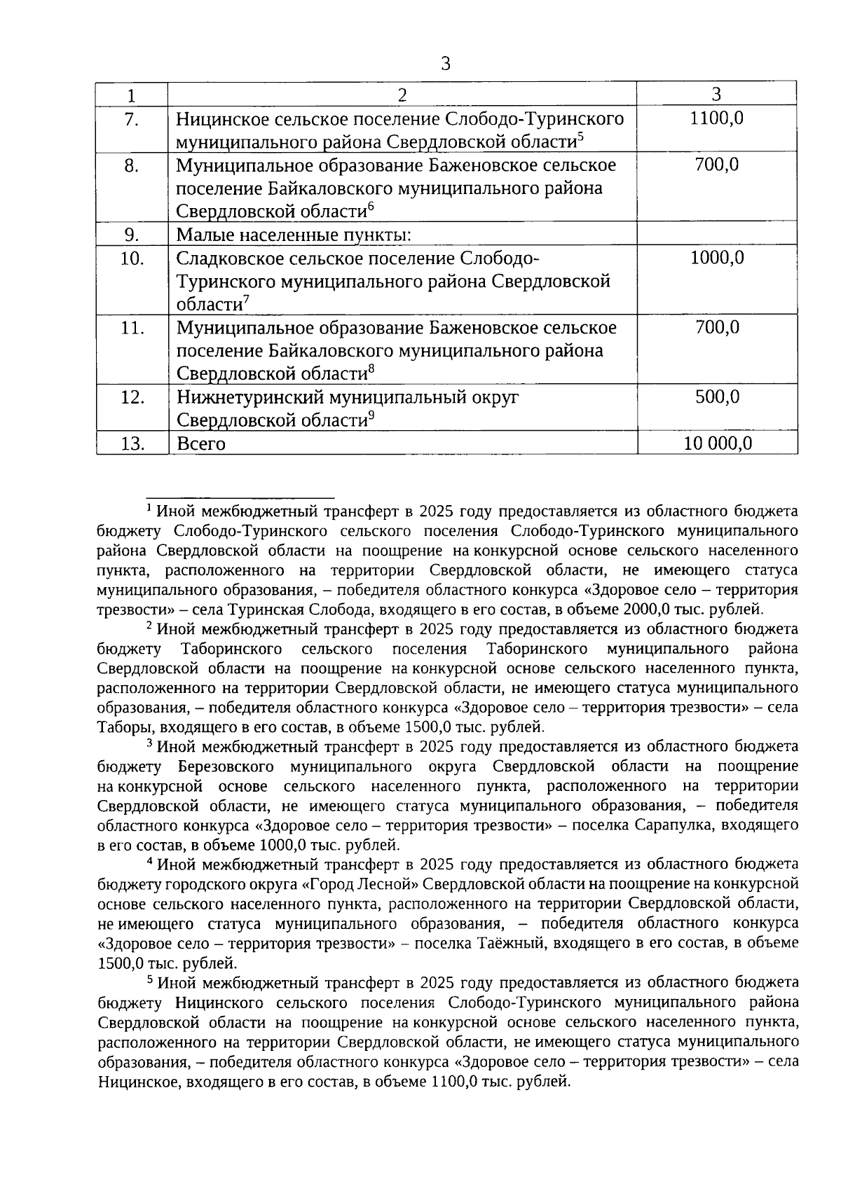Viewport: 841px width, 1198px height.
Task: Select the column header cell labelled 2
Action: [x=402, y=95]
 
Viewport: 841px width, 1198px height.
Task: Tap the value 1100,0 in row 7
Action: [x=716, y=118]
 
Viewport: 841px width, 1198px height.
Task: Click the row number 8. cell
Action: [x=132, y=166]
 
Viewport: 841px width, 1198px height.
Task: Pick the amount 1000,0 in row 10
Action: [x=716, y=258]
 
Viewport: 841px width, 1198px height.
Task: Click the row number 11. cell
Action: [x=132, y=328]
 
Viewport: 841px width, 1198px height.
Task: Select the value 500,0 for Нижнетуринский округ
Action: [x=716, y=397]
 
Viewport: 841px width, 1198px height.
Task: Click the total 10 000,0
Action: [x=716, y=444]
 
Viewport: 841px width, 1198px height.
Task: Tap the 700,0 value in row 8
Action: [x=716, y=166]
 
